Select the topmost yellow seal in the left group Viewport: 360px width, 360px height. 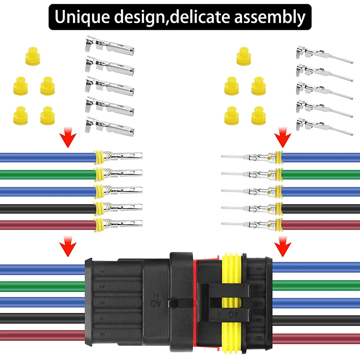point(31,57)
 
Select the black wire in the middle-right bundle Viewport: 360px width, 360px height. point(320,209)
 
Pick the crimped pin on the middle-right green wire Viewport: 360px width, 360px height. point(252,174)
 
